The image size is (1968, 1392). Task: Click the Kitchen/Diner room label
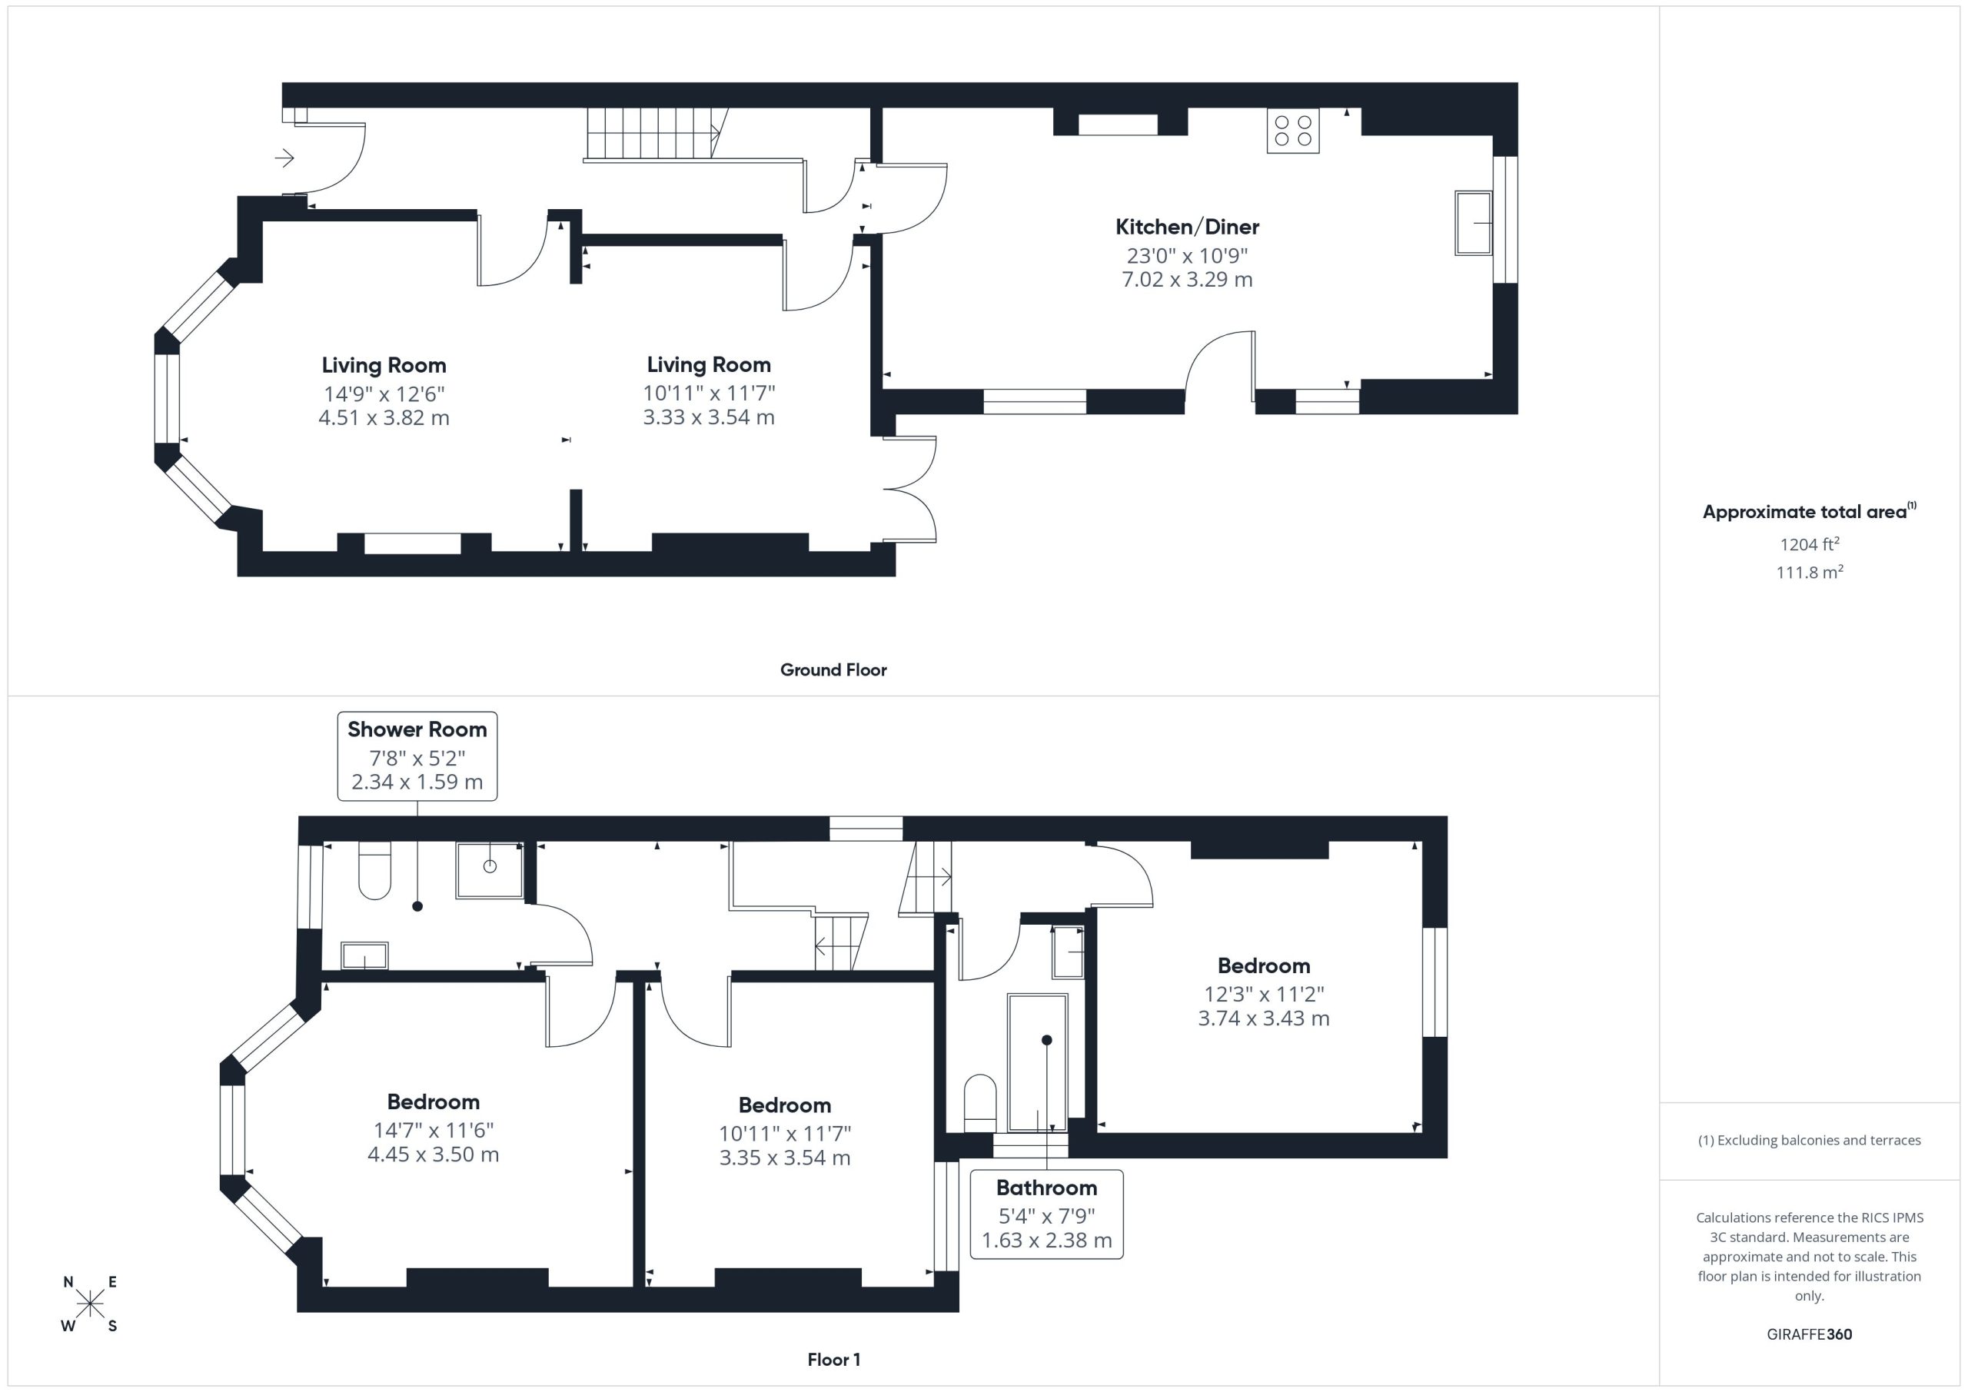pyautogui.click(x=1187, y=228)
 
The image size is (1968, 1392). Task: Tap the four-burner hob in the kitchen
pyautogui.click(x=1292, y=131)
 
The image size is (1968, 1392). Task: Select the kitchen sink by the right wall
pyautogui.click(x=1474, y=223)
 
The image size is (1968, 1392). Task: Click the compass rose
pyautogui.click(x=89, y=1304)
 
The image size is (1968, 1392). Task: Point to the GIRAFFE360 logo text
pyautogui.click(x=1810, y=1334)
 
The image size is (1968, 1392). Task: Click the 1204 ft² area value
pyautogui.click(x=1810, y=543)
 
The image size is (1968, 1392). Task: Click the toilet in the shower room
pyautogui.click(x=374, y=870)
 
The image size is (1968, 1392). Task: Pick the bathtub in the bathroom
pyautogui.click(x=1037, y=1063)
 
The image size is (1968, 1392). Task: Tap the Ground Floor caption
pyautogui.click(x=833, y=670)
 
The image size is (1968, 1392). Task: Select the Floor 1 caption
pyautogui.click(x=834, y=1360)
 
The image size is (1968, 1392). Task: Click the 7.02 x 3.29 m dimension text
pyautogui.click(x=1187, y=280)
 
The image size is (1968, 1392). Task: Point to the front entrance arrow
pyautogui.click(x=284, y=158)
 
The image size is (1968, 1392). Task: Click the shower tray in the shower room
pyautogui.click(x=490, y=870)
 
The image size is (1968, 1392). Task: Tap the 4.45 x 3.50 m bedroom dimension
pyautogui.click(x=433, y=1154)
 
